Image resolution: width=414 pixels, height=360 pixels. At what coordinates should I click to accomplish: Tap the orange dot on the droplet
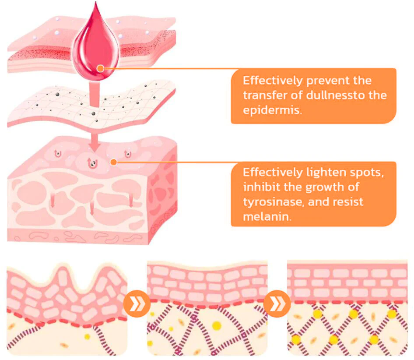101,68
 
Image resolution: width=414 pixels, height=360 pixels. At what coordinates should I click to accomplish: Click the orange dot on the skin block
113,162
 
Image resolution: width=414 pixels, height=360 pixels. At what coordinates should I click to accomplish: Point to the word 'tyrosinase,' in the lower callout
271,202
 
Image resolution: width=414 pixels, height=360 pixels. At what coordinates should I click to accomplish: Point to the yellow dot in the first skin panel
88,336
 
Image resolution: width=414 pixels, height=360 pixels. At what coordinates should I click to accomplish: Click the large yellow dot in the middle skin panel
216,325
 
